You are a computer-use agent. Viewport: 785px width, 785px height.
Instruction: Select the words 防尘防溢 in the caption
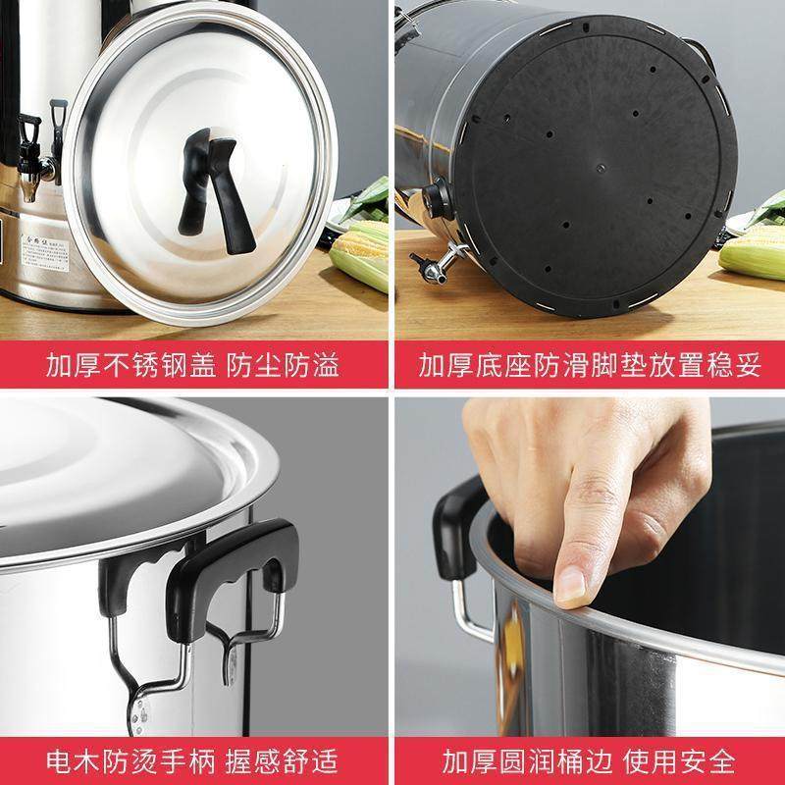click(x=286, y=367)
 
